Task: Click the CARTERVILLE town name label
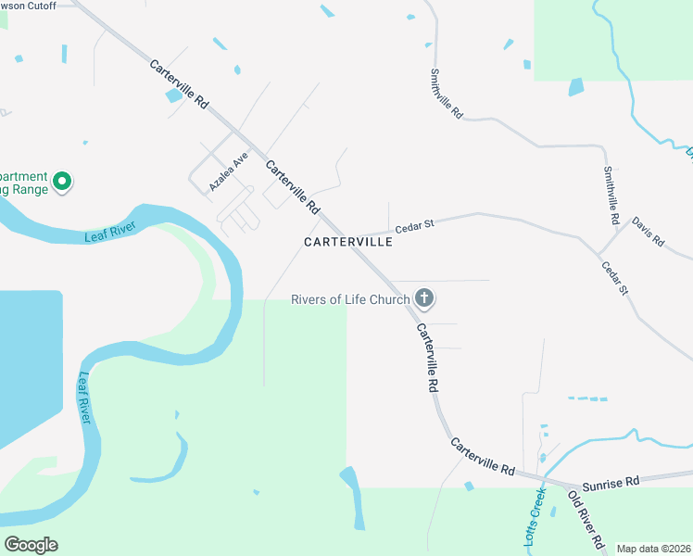[348, 242]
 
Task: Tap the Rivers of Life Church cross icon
[424, 298]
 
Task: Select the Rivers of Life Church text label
[350, 299]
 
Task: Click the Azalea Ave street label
[229, 171]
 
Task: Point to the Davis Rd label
[649, 231]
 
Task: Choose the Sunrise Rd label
[611, 483]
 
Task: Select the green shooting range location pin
[62, 181]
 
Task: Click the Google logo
[31, 545]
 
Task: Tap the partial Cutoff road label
[30, 6]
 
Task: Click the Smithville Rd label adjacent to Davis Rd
[610, 196]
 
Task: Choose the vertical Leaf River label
[84, 398]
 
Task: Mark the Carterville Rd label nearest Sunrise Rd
[483, 458]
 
